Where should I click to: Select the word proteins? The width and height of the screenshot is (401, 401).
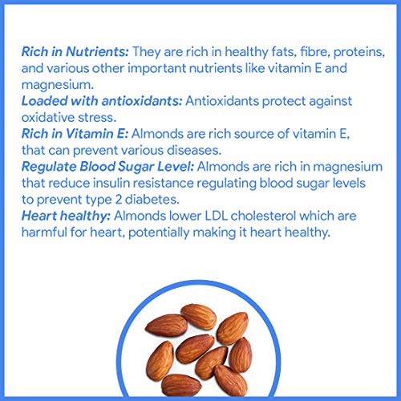click(x=359, y=52)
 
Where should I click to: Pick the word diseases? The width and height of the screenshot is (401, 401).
click(x=194, y=150)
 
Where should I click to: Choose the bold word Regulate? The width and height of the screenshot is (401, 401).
click(x=49, y=167)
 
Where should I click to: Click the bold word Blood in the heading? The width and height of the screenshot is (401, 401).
click(x=98, y=167)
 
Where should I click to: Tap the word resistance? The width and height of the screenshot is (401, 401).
click(x=163, y=184)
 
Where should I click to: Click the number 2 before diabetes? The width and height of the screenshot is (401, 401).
click(x=119, y=200)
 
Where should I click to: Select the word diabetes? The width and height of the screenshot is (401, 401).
click(x=152, y=200)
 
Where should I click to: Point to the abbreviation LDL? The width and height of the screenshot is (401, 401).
click(x=216, y=216)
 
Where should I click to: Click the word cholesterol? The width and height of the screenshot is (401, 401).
click(x=263, y=216)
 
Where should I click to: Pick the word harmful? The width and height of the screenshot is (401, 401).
click(x=44, y=233)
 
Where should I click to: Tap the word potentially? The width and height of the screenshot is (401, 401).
click(x=159, y=233)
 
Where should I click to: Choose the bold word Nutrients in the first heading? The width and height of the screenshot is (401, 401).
click(x=98, y=51)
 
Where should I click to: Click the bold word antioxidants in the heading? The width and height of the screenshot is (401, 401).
click(x=142, y=101)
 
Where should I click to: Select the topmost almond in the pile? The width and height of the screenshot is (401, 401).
click(x=199, y=317)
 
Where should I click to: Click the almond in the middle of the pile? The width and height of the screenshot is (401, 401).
click(x=195, y=348)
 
